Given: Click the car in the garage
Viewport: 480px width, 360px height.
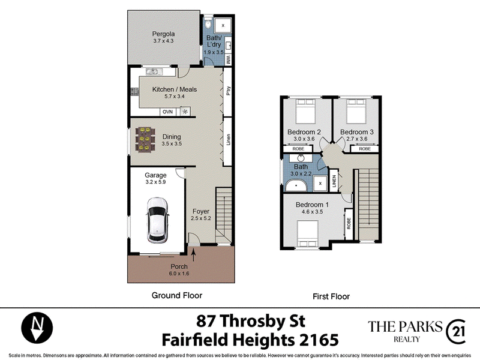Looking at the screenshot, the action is tap(157, 220).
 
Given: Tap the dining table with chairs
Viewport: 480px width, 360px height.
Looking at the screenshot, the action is tap(145, 140).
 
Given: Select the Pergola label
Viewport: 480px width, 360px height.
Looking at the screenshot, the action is tap(163, 34).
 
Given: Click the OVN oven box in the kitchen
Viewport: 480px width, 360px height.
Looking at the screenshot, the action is tap(167, 112).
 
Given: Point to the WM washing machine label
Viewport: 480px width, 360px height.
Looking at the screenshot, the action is tap(228, 59).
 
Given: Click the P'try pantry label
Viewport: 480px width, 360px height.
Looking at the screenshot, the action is tap(228, 91).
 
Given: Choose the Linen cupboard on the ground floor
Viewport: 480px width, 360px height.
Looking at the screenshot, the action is tap(227, 142).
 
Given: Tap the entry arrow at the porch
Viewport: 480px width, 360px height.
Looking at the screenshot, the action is tap(193, 254).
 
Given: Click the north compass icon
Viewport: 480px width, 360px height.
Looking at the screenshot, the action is tap(37, 328).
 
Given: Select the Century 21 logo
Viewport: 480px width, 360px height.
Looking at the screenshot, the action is tap(456, 332).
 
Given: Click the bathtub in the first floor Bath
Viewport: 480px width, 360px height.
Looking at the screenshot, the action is tap(296, 185).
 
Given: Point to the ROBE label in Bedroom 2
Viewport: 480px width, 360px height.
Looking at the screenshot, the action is tap(298, 149).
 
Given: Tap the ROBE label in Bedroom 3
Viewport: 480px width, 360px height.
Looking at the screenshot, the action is tap(365, 149).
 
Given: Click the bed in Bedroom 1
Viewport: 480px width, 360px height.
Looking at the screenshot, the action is tap(308, 234).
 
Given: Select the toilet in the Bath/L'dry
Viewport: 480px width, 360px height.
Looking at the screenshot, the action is tap(208, 23).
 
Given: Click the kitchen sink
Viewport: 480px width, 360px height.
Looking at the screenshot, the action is tap(152, 72).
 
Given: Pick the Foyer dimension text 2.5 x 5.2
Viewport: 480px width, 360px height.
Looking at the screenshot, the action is tap(201, 218).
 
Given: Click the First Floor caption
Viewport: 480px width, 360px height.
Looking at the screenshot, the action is tap(331, 296).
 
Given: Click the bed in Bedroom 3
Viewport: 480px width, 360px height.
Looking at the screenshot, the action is tap(356, 112).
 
